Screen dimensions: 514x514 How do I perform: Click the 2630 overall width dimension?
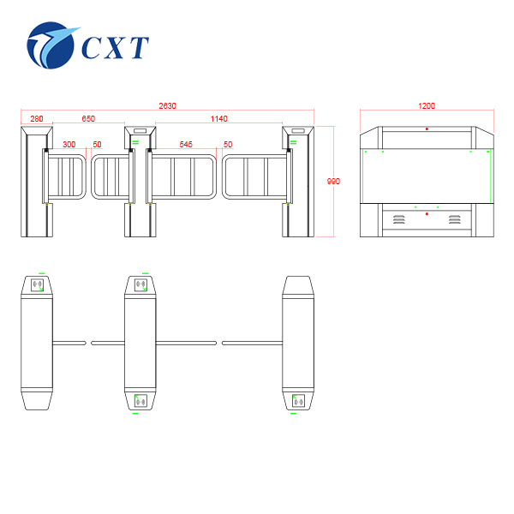point(167,106)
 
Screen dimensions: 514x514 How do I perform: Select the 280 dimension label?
point(37,119)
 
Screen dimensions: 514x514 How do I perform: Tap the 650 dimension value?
point(88,119)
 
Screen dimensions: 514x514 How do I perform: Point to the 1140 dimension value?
point(219,119)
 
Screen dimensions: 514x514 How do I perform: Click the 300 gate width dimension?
point(69,145)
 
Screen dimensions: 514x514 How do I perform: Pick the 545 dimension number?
point(186,145)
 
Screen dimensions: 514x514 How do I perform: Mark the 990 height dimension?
point(334,182)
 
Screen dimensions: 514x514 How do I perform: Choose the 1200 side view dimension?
point(427,106)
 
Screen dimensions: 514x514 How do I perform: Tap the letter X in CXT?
point(116,47)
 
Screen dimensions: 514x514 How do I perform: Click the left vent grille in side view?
point(399,219)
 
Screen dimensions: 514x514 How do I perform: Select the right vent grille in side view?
point(455,219)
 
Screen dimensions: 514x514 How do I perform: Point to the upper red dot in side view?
point(427,128)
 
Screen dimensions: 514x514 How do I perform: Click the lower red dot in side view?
point(427,214)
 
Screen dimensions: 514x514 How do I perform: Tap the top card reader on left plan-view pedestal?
point(38,285)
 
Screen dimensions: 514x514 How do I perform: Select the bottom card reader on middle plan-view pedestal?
point(140,401)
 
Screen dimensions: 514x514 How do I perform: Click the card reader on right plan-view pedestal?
point(298,401)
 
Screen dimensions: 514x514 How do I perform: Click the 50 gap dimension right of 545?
point(228,145)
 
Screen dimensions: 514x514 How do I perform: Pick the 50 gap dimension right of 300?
point(97,145)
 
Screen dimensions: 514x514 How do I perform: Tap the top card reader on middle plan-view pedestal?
point(140,285)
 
